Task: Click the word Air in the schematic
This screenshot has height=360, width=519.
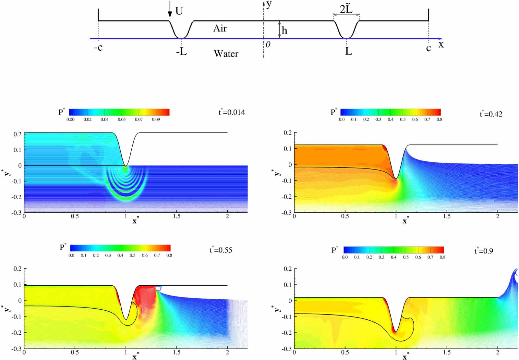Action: click(220, 29)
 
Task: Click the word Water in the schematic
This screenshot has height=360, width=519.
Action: click(226, 54)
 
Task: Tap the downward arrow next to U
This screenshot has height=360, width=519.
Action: click(170, 12)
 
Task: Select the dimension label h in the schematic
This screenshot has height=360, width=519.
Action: click(284, 31)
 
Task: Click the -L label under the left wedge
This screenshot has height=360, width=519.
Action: click(182, 51)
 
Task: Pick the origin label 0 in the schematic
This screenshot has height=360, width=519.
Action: click(268, 44)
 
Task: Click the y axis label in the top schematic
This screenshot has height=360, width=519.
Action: click(269, 5)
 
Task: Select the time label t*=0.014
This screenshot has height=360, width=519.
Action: click(232, 112)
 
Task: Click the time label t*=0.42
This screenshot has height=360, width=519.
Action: click(491, 114)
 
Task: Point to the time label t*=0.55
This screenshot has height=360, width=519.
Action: click(221, 250)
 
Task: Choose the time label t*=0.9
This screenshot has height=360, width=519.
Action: click(484, 251)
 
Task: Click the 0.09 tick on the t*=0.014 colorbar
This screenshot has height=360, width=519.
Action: click(156, 119)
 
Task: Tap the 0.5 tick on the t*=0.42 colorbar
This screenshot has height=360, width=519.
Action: click(403, 119)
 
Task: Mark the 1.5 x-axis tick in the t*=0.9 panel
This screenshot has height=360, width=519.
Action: click(447, 353)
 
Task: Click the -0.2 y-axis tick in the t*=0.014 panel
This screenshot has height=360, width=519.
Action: click(18, 197)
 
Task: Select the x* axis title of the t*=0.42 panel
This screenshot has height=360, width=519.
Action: click(405, 221)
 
